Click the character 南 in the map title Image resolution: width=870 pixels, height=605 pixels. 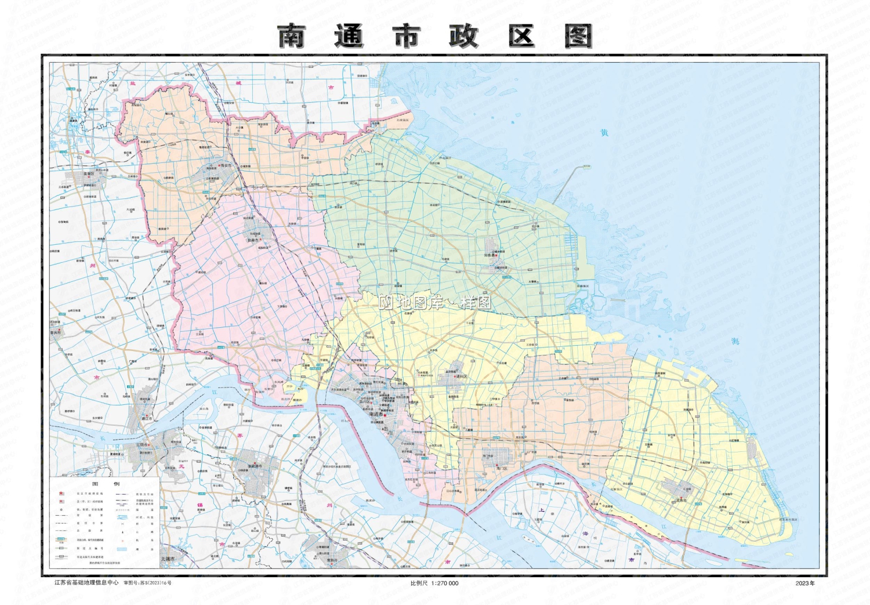coord(291,36)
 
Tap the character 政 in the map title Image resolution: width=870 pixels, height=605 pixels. coord(463,36)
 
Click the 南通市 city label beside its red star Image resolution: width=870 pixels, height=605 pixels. coord(376,415)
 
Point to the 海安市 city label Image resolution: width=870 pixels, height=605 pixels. coord(224,165)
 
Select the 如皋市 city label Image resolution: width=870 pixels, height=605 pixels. coord(253,240)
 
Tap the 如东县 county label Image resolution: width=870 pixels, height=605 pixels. coord(490,255)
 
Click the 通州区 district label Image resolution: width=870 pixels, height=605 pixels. coord(462,376)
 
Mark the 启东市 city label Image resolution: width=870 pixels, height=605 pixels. coord(681,499)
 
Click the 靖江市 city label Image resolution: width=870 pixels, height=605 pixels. coord(147,418)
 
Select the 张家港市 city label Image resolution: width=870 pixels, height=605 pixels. coord(255,466)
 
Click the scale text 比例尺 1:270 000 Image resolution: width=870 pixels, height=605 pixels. coord(434,583)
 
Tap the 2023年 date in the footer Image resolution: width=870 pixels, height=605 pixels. coord(804,583)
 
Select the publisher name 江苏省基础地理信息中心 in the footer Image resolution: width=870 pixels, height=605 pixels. coord(86,582)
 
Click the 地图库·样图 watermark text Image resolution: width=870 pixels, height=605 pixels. coord(435,302)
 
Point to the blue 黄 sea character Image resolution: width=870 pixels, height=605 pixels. coord(604,133)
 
